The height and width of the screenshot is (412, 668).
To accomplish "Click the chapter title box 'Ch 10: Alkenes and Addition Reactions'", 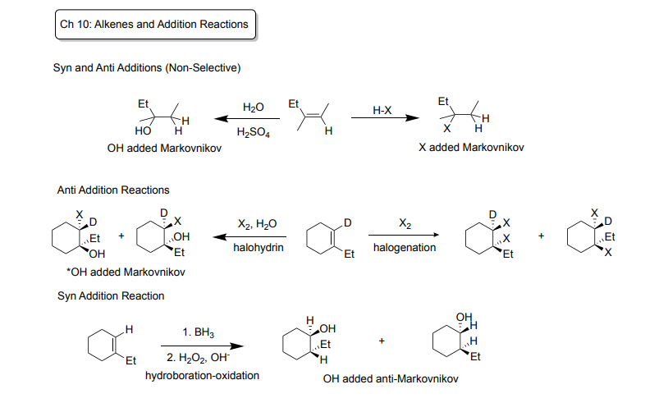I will [154, 25].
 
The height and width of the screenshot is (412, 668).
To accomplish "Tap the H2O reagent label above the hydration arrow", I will [254, 108].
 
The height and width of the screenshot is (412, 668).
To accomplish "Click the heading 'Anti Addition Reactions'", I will [113, 190].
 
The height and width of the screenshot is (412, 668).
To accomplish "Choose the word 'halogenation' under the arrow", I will [405, 247].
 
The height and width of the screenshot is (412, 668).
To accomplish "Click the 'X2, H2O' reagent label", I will [257, 223].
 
